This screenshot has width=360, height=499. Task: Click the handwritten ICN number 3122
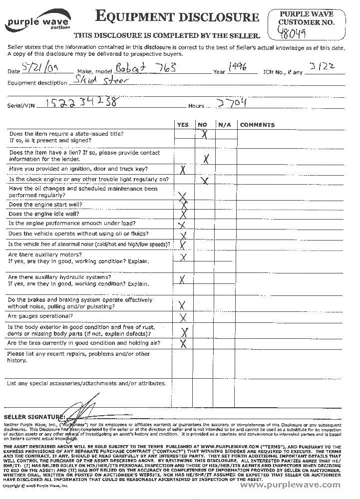[x=320, y=68]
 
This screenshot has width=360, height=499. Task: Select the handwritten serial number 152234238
[x=83, y=102]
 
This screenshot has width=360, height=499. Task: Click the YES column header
[x=183, y=125]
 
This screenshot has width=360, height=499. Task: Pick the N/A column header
[x=223, y=125]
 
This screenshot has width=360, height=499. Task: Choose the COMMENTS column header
[x=257, y=125]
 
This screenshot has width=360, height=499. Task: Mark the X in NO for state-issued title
[x=204, y=134]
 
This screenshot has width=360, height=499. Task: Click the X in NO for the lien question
[x=205, y=159]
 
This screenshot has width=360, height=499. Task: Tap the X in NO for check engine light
[x=204, y=180]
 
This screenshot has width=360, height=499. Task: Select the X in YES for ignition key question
[x=183, y=170]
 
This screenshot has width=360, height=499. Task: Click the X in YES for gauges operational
[x=183, y=317]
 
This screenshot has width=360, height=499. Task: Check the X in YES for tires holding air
[x=183, y=343]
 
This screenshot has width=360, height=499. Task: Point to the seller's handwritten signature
[x=85, y=410]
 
